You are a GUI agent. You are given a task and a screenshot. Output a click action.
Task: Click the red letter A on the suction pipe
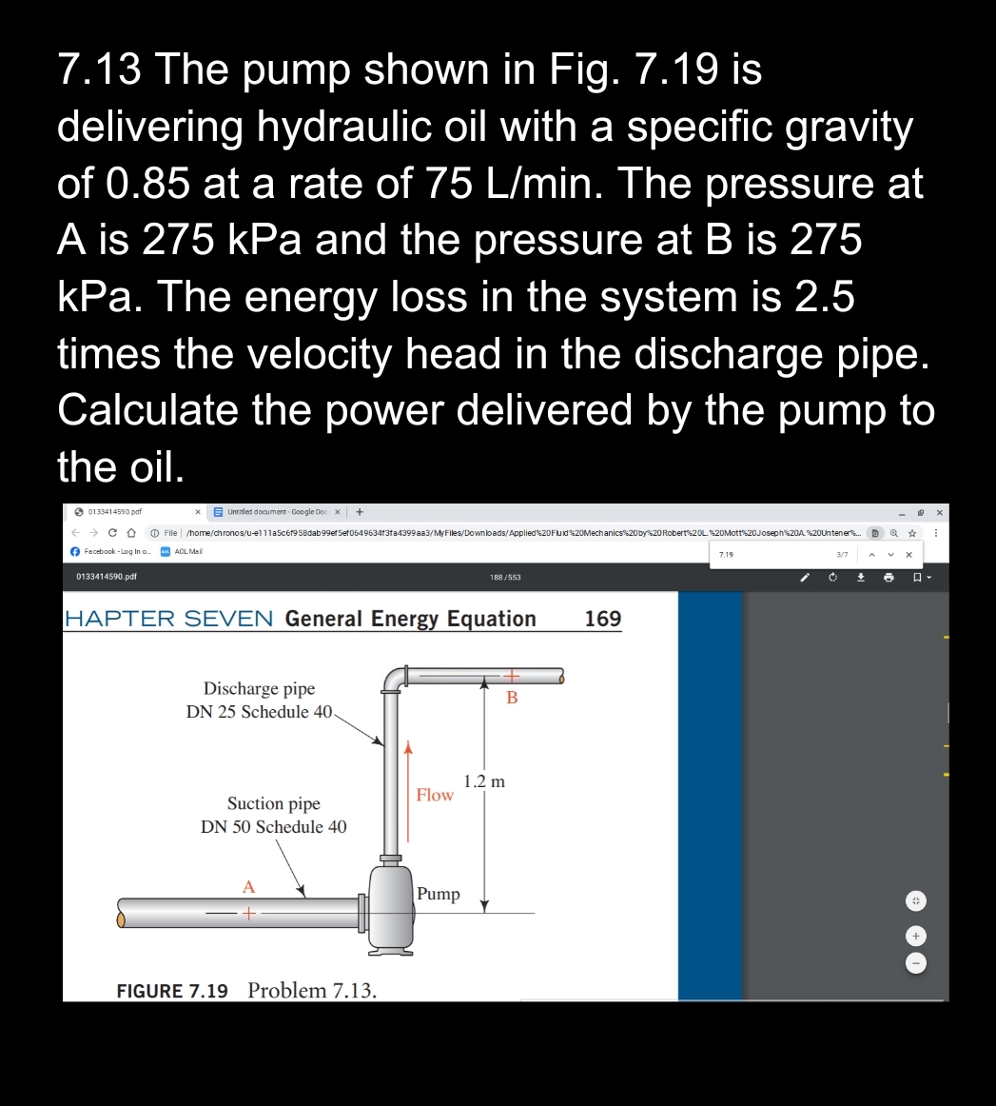(x=248, y=886)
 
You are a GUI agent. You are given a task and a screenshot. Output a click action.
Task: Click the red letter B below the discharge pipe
(x=512, y=698)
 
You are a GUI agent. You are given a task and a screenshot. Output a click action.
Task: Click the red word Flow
(x=435, y=795)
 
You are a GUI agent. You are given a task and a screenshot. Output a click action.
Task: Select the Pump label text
(x=439, y=894)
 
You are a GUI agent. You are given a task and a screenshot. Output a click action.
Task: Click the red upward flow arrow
(x=409, y=790)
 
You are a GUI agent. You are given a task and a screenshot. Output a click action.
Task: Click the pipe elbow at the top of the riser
(x=395, y=679)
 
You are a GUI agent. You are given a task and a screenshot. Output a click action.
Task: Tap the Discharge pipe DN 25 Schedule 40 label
(x=260, y=700)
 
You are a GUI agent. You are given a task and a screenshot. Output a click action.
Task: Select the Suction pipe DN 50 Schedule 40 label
(x=274, y=815)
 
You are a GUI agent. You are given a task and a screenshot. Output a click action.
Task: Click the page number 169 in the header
(x=602, y=619)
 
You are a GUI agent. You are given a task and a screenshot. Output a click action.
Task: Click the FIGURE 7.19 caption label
(x=172, y=991)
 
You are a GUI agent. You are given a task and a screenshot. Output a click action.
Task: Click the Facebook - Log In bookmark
(x=111, y=552)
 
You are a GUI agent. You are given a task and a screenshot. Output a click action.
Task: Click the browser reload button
(x=113, y=533)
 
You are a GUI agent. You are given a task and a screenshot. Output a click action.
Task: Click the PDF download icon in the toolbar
(x=860, y=577)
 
